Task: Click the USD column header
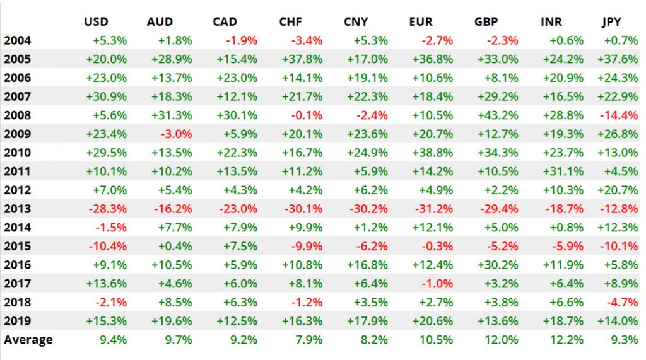click(97, 22)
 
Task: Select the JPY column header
click(611, 22)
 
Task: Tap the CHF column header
click(290, 22)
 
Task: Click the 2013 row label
click(17, 209)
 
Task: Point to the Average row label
click(28, 340)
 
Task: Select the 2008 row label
click(17, 115)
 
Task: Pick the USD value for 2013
click(110, 209)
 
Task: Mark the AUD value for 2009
click(179, 134)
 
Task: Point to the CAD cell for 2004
click(243, 41)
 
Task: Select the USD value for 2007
click(110, 97)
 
